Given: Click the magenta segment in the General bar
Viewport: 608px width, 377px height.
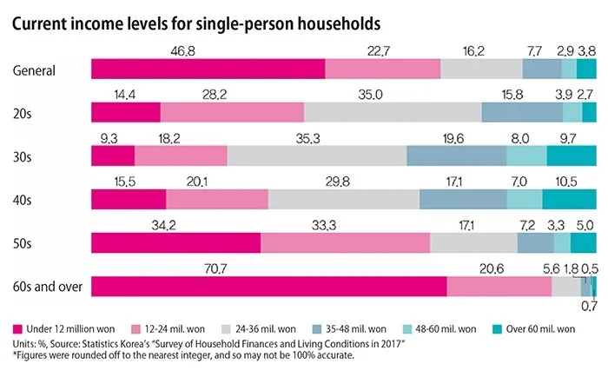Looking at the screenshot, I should pyautogui.click(x=208, y=69).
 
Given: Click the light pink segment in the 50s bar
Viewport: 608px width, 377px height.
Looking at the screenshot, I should pyautogui.click(x=345, y=242).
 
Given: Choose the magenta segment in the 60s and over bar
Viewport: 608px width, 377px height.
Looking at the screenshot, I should pyautogui.click(x=268, y=286).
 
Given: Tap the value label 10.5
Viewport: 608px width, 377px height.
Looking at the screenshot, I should pyautogui.click(x=565, y=181).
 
